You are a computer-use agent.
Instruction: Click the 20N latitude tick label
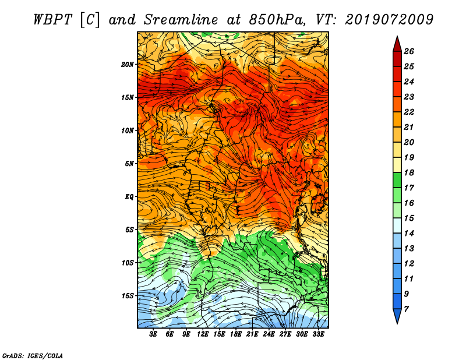coord(128,65)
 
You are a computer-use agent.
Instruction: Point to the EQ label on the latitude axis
coord(129,197)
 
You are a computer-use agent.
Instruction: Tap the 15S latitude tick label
coord(128,296)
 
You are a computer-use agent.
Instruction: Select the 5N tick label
coord(129,164)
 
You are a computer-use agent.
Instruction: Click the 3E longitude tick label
coord(153,334)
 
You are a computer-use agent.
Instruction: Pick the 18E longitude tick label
coord(236,334)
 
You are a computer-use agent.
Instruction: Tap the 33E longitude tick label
coord(318,334)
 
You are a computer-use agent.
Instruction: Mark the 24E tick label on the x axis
coord(269,334)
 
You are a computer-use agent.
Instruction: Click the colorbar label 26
coord(409,51)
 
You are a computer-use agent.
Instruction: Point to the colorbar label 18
coord(409,172)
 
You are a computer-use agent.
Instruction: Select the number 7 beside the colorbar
coord(406,309)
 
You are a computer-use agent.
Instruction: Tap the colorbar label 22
coord(409,112)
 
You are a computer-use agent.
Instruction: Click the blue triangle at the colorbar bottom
coord(397,315)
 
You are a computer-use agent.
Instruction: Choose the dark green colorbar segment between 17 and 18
coord(397,180)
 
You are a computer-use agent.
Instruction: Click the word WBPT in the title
coord(52,20)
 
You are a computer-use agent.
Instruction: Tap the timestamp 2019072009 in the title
coord(389,20)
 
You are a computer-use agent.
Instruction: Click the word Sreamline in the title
coord(181,20)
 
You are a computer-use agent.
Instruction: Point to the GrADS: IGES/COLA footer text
coord(33,355)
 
